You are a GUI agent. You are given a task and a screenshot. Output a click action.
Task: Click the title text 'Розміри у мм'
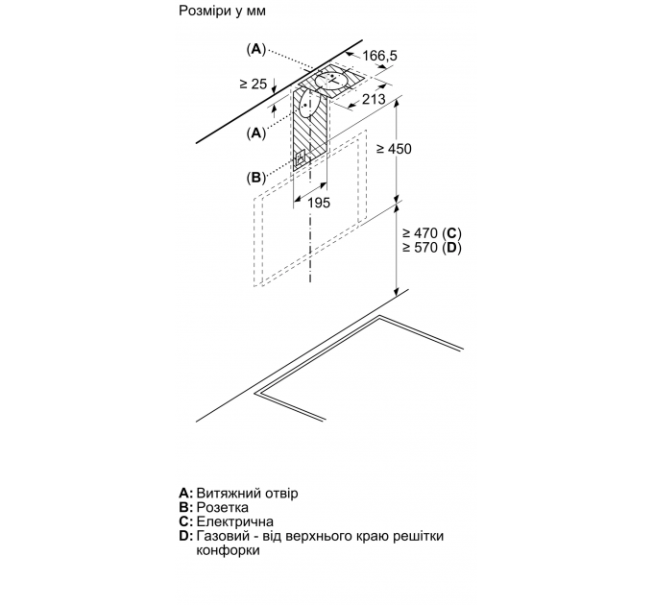pyautogui.click(x=222, y=11)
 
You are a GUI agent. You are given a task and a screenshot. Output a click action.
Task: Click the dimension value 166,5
pyautogui.click(x=379, y=56)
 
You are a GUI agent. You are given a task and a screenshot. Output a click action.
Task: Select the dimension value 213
pyautogui.click(x=374, y=99)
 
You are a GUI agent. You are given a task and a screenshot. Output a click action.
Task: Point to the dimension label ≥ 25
pyautogui.click(x=254, y=84)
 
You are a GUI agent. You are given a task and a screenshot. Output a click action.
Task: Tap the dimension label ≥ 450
pyautogui.click(x=394, y=149)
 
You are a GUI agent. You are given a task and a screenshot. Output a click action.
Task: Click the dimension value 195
pyautogui.click(x=319, y=203)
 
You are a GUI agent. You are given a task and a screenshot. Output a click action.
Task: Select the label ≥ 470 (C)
pyautogui.click(x=432, y=232)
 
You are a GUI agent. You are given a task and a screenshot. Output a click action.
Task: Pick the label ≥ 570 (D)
pyautogui.click(x=432, y=248)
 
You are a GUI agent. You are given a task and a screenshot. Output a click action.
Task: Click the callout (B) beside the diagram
pyautogui.click(x=255, y=178)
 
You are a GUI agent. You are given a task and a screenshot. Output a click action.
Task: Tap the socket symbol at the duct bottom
pyautogui.click(x=302, y=158)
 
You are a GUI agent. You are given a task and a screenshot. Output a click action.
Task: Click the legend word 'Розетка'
pyautogui.click(x=223, y=507)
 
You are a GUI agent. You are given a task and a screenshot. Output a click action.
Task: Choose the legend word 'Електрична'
pyautogui.click(x=235, y=521)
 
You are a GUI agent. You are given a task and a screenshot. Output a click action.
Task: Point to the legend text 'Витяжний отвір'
pyautogui.click(x=247, y=493)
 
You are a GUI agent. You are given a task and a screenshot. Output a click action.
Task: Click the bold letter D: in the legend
pyautogui.click(x=186, y=536)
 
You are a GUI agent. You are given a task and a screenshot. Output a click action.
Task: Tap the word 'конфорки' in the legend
pyautogui.click(x=228, y=550)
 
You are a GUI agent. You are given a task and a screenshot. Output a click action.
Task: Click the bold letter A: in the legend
pyautogui.click(x=186, y=493)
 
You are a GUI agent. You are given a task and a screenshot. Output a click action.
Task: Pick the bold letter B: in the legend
pyautogui.click(x=186, y=507)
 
